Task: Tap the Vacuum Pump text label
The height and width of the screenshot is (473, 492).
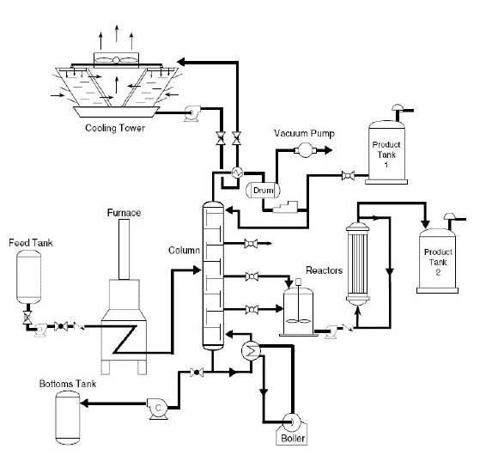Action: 304,134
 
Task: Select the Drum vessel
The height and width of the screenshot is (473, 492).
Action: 258,188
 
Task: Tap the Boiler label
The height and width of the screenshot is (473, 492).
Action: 290,439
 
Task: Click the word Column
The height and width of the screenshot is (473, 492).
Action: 184,251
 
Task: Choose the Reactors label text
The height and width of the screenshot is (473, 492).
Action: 327,270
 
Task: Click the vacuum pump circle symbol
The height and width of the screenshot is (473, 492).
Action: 303,150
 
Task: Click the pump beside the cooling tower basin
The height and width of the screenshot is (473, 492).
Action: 194,109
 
